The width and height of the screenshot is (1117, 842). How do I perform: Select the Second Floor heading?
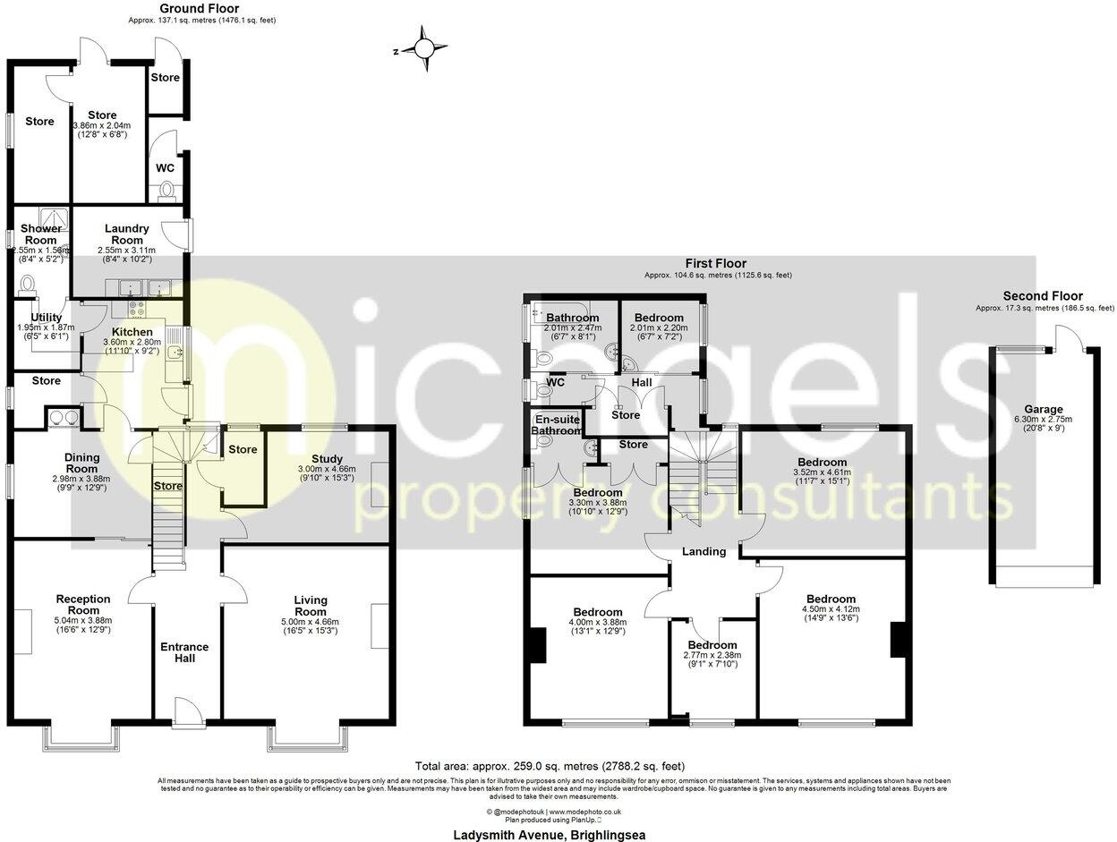[x=1043, y=296]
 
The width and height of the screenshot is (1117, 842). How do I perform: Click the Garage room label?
[x=1044, y=409]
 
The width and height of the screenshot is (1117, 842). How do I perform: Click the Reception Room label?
[x=83, y=605]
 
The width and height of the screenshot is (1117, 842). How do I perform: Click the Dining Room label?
[x=81, y=463]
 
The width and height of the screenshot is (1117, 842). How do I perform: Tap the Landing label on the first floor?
[x=703, y=551]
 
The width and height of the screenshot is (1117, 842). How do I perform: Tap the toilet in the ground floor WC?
[x=164, y=190]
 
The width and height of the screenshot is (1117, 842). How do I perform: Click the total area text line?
[x=550, y=766]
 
